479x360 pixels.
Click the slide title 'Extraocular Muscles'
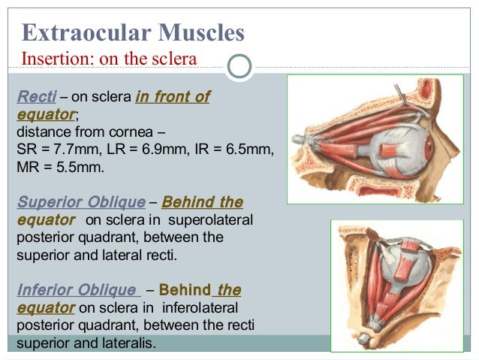tap(133, 32)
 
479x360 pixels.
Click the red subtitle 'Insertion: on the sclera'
tap(110, 58)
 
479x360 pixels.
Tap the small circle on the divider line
tap(239, 66)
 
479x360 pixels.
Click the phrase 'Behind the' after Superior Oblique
tap(202, 203)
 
